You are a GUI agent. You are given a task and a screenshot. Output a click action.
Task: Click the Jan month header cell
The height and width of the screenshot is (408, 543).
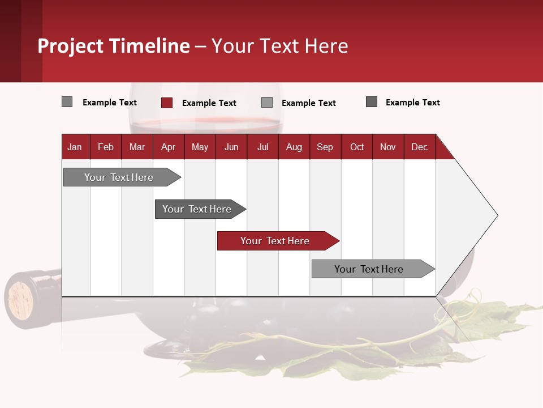(x=75, y=147)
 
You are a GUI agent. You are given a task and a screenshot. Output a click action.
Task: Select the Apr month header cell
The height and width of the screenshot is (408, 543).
(x=169, y=147)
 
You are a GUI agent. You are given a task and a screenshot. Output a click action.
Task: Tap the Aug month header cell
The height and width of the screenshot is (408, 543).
(x=294, y=147)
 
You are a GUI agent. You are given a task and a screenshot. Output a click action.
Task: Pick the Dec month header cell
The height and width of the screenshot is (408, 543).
(x=420, y=147)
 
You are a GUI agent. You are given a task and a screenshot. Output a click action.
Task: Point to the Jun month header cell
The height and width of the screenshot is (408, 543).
(x=231, y=147)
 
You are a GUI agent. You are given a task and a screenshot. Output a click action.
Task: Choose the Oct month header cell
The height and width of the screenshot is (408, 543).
(x=357, y=147)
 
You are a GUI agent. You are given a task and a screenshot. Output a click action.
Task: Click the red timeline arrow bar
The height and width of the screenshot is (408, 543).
(x=278, y=241)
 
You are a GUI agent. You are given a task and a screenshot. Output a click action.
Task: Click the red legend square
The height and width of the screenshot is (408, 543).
(x=167, y=103)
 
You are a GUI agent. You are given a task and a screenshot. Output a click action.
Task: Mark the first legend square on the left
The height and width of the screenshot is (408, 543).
(x=67, y=102)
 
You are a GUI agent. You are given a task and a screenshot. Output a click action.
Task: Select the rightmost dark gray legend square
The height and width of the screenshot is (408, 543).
(x=372, y=102)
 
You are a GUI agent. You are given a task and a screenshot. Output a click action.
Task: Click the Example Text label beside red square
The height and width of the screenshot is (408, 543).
(x=209, y=103)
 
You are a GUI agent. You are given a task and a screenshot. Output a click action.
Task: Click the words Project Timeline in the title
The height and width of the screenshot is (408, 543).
(x=114, y=46)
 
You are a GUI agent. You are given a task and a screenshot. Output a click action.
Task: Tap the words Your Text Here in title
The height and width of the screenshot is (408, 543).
(x=280, y=46)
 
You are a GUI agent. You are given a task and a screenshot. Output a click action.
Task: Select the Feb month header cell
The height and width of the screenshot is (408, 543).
(x=106, y=147)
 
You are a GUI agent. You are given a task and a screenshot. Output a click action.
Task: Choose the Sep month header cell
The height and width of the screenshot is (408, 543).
(x=325, y=147)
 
